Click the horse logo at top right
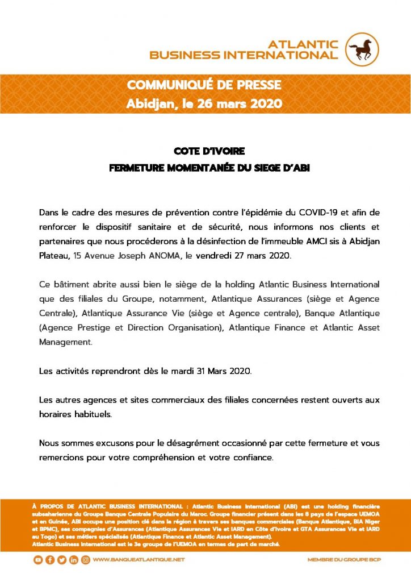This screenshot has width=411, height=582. (363, 49)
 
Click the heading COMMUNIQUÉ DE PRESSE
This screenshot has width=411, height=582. (204, 85)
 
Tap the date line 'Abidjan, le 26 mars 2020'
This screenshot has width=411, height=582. (204, 104)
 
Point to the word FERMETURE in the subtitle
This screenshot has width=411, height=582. (139, 168)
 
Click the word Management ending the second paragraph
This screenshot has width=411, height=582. (65, 343)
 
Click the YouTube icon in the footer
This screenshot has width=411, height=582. (38, 560)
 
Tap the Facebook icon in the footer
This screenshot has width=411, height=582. (50, 560)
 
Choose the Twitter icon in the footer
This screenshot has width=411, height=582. (62, 560)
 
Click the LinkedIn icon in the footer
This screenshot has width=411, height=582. (74, 560)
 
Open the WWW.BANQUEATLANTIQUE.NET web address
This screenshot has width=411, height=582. (139, 560)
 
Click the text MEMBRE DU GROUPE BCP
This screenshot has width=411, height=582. (344, 560)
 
